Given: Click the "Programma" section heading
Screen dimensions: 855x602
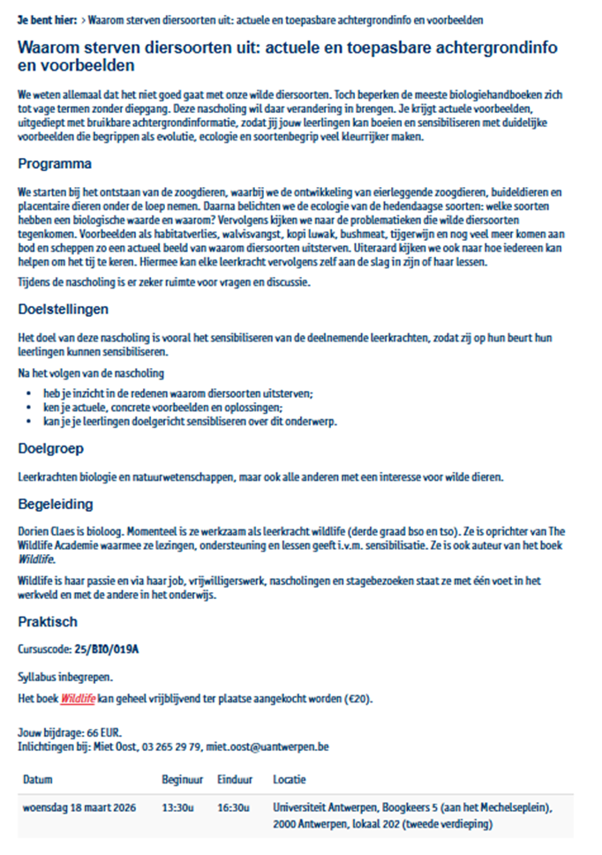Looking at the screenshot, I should click(54, 164).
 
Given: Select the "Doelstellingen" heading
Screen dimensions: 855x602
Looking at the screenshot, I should click(63, 310).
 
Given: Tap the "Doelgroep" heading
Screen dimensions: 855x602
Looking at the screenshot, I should click(50, 448).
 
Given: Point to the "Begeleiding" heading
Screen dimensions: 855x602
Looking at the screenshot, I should click(55, 505).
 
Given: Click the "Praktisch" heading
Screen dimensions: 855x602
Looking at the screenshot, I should click(48, 622).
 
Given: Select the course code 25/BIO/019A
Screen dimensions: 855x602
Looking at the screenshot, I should click(107, 649).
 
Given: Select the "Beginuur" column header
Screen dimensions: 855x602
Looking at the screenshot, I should click(183, 781).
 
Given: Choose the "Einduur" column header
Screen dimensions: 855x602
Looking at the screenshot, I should click(234, 781).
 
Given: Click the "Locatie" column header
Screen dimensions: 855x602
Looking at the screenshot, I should click(290, 781).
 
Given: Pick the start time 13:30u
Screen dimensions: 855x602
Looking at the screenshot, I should click(176, 806).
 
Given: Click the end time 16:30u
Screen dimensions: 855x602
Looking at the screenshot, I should click(232, 806).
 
